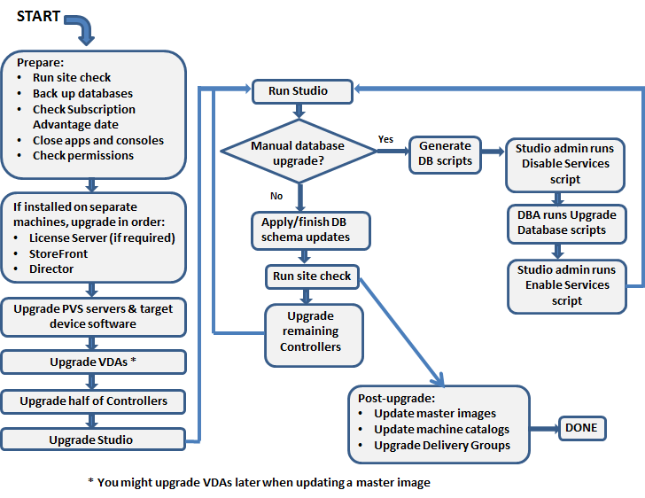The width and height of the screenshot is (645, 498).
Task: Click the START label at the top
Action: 38,16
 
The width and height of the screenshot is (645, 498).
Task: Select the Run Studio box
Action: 298,90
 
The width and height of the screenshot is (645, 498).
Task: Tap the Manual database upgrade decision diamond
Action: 298,152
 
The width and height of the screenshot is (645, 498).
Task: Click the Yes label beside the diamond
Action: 386,139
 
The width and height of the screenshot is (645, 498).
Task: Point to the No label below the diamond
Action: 276,193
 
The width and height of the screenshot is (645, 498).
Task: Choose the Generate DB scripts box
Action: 445,153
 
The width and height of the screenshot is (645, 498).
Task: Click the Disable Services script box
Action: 565,164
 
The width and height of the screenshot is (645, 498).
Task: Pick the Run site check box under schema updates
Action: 312,276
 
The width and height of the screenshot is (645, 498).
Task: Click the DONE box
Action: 581,428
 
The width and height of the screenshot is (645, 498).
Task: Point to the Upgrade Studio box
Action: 92,440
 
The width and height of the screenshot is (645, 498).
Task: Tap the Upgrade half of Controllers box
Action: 94,401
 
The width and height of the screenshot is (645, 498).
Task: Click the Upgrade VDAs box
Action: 93,362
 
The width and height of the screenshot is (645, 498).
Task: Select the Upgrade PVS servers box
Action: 94,316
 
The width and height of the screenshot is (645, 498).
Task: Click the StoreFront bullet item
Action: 58,253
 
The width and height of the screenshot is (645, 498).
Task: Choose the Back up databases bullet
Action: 83,93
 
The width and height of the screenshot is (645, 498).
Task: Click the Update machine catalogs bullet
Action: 441,429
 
